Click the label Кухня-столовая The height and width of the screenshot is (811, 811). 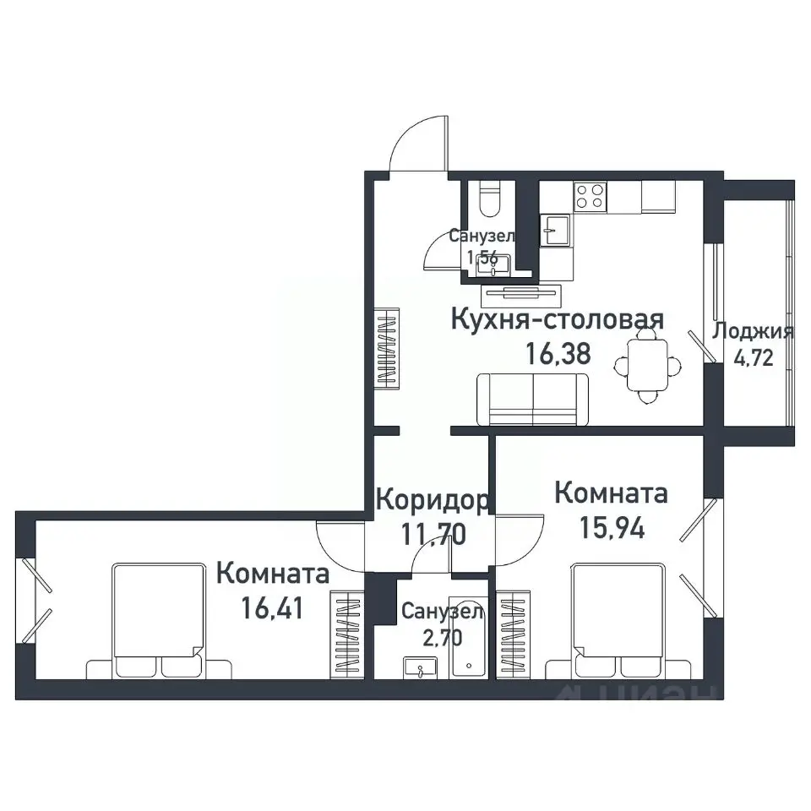point(558,320)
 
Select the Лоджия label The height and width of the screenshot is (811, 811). point(754,331)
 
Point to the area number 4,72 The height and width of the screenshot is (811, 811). point(754,357)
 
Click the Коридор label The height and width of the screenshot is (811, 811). point(431,500)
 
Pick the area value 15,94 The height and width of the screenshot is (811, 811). point(612,528)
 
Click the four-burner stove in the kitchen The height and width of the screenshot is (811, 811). point(591,197)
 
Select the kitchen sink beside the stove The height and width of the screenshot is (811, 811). point(556,228)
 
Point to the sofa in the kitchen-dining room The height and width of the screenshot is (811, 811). point(533,399)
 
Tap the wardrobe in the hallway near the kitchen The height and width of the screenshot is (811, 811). point(387,348)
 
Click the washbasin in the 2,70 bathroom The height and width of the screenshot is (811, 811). point(418,668)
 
